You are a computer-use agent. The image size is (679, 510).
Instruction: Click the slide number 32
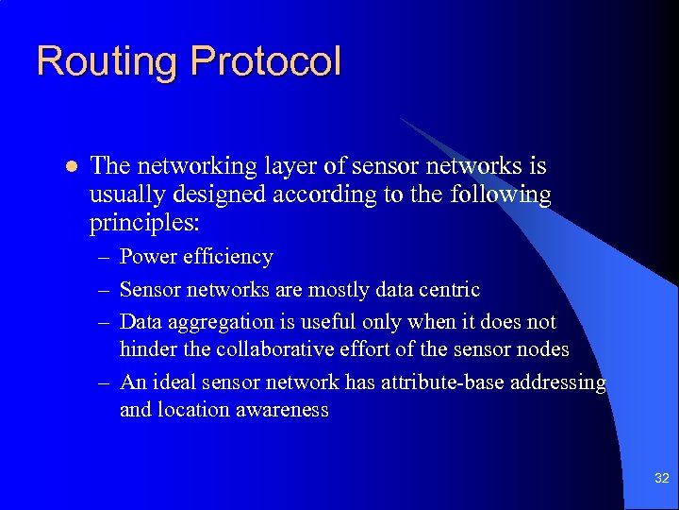pos(661,479)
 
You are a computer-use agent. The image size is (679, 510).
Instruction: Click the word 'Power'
pos(147,257)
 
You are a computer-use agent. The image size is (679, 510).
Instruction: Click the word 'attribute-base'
pos(439,382)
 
